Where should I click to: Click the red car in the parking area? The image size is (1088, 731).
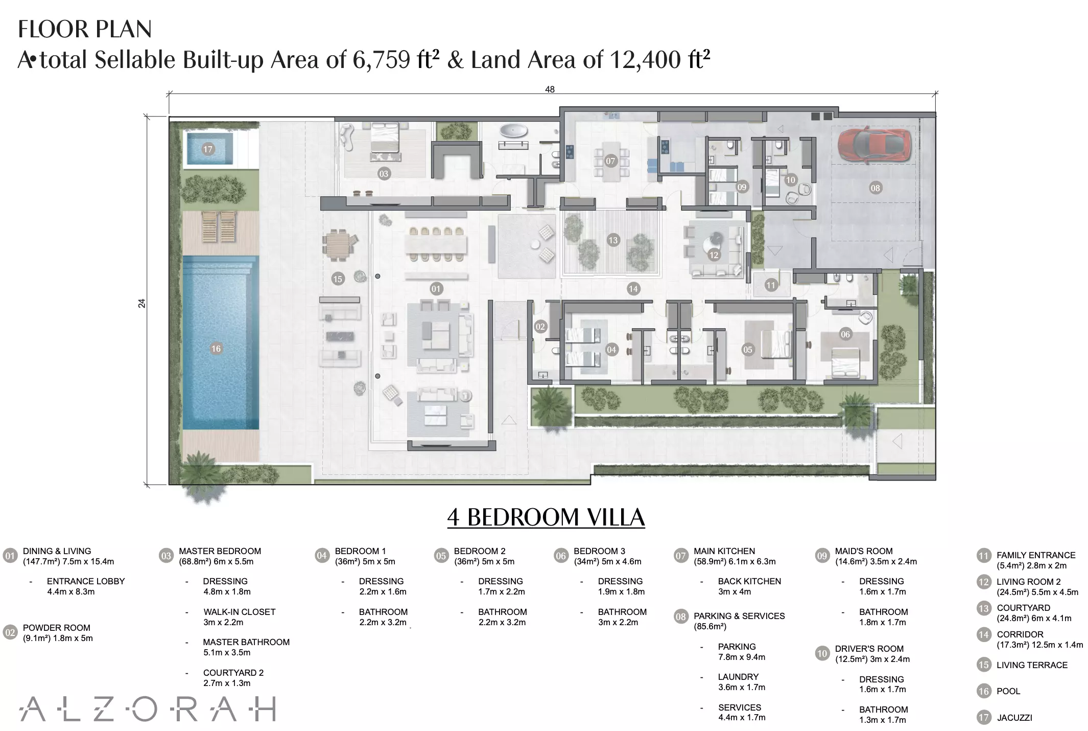[x=876, y=146]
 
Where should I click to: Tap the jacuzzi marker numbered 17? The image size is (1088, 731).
[x=207, y=149]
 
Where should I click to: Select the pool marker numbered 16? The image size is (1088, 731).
[x=216, y=349]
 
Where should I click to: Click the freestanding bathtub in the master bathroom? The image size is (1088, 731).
[x=513, y=131]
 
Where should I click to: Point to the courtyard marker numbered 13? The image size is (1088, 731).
[x=613, y=240]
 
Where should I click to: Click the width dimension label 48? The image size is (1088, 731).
[x=550, y=89]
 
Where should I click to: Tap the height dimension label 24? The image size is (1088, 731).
[x=141, y=303]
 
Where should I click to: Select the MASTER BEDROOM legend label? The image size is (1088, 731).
[x=220, y=551]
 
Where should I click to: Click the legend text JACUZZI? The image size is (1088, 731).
[x=1014, y=718]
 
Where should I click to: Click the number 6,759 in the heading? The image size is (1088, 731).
[x=381, y=60]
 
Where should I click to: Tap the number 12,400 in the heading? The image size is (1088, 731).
[x=646, y=60]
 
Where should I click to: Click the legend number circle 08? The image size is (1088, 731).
[x=680, y=616]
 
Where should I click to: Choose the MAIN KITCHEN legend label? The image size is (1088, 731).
[x=724, y=551]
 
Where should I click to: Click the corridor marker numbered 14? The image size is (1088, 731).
[x=633, y=289]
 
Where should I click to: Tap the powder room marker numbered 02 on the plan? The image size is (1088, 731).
[x=540, y=327]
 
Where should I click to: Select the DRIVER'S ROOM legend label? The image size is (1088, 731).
[x=869, y=649]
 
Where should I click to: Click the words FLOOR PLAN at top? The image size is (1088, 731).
[x=85, y=29]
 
